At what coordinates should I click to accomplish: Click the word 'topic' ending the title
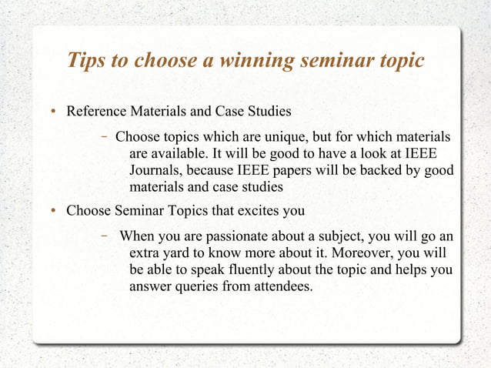[400, 60]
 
